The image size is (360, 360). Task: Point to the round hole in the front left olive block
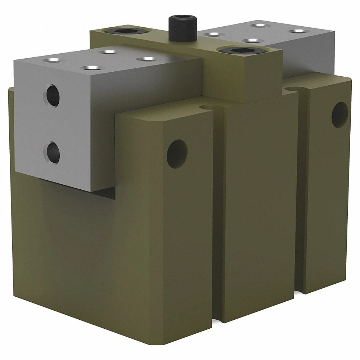pos(177,154)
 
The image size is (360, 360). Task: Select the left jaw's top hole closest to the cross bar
pos(145,59)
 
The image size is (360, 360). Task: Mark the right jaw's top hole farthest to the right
pos(298,31)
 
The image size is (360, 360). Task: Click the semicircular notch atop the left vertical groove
pos(206,107)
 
